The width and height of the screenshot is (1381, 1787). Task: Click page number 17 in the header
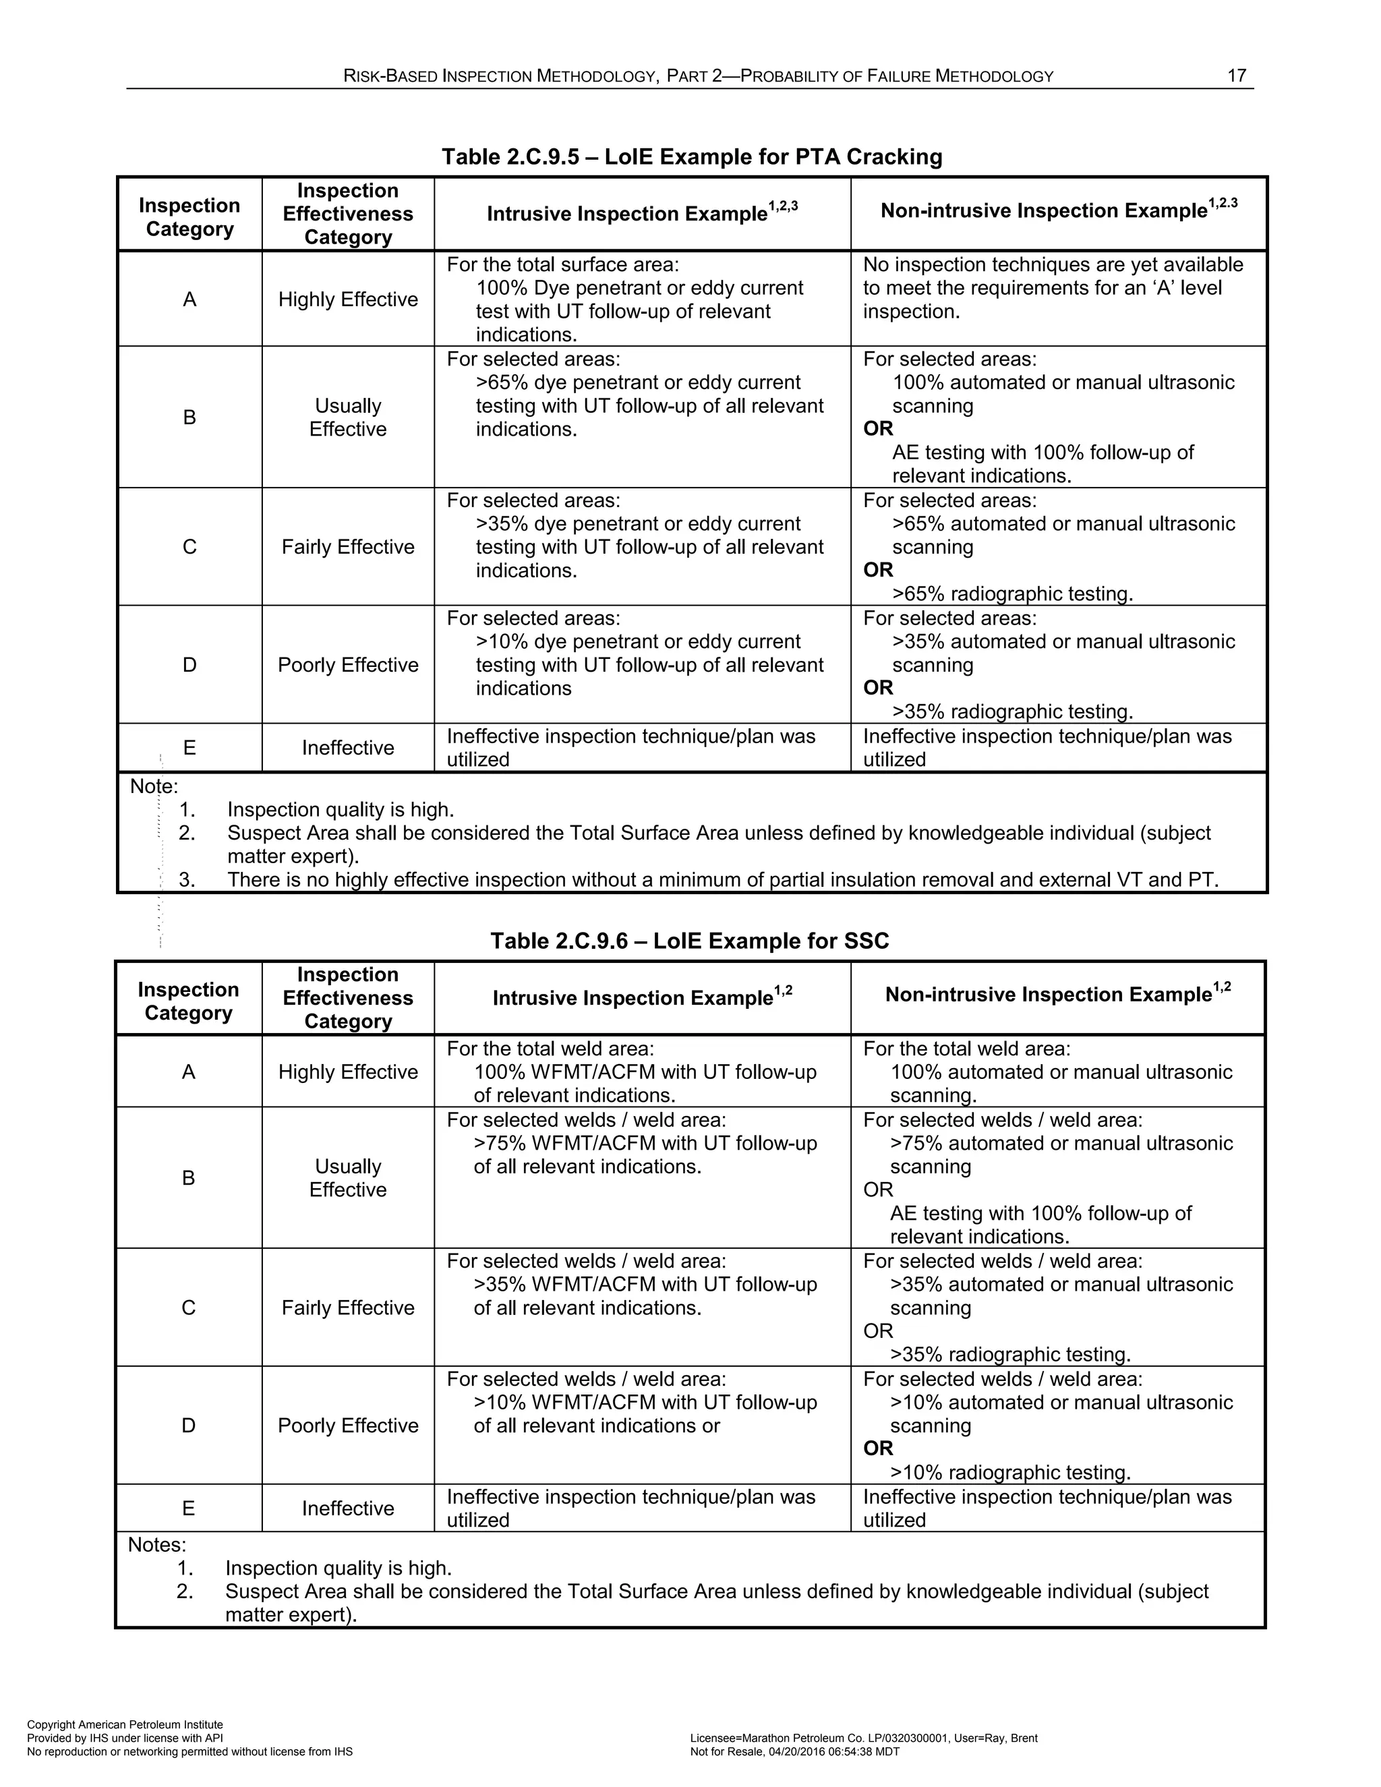(1236, 76)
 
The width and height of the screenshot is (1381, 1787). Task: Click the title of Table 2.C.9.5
(691, 156)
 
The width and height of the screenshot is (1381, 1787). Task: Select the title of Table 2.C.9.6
(689, 940)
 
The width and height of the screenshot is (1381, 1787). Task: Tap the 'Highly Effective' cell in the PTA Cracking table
(348, 299)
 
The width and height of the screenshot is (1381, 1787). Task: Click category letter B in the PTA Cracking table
(189, 417)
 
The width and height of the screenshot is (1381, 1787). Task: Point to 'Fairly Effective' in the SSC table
(348, 1308)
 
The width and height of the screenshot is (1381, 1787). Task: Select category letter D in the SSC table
(188, 1426)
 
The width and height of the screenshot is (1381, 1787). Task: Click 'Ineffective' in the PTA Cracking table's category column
(348, 748)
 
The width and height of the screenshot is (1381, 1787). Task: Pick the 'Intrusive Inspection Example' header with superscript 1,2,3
(641, 214)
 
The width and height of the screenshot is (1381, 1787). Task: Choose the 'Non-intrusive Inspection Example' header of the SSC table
(1057, 994)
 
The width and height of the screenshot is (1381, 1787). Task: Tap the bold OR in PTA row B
(878, 429)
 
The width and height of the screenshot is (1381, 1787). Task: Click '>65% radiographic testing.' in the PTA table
(1012, 593)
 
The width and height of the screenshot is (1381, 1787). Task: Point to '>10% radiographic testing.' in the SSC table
(1010, 1472)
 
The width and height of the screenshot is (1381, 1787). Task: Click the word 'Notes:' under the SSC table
(157, 1545)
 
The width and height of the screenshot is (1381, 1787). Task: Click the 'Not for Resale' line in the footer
(794, 1752)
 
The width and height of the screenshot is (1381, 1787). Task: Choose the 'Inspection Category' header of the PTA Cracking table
(189, 217)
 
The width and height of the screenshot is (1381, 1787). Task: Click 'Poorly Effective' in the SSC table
(348, 1426)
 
